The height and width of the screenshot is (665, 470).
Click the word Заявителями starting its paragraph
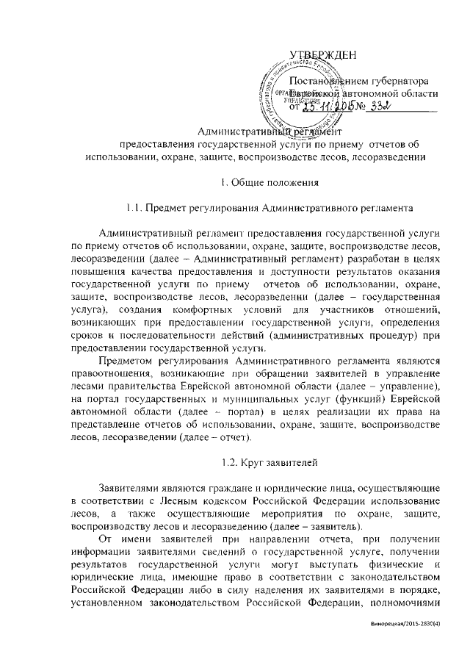[x=131, y=488]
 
